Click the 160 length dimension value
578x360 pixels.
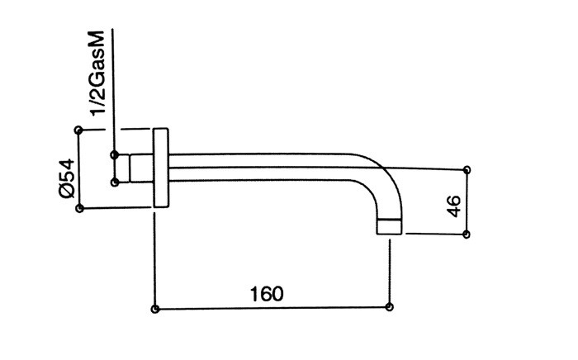(x=267, y=294)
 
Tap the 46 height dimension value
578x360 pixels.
(x=454, y=206)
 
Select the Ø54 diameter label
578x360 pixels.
(x=67, y=178)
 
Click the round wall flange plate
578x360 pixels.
(x=161, y=168)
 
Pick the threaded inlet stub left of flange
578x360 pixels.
(x=141, y=168)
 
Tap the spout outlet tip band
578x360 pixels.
(x=389, y=226)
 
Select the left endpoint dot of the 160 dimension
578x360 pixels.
(x=155, y=309)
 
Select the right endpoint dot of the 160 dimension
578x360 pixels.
(x=389, y=306)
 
